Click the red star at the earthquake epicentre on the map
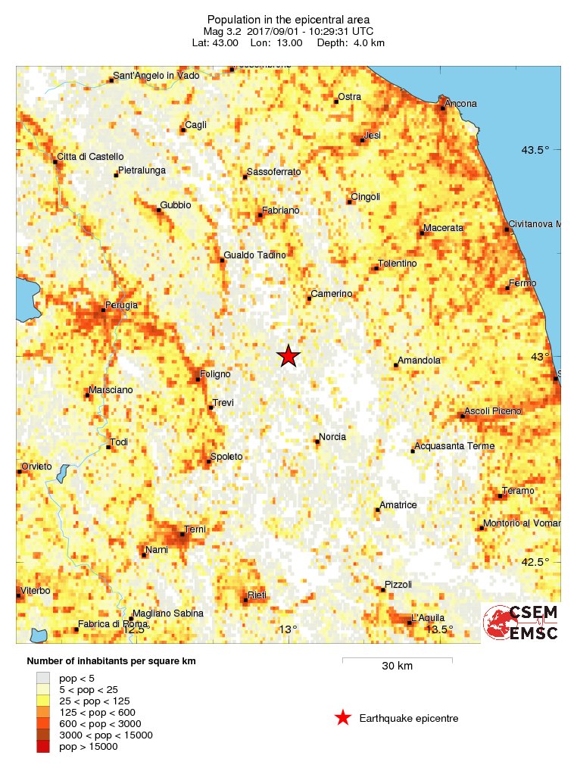(x=288, y=356)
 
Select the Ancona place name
(x=461, y=103)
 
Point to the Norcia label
(x=332, y=437)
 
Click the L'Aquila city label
(x=428, y=617)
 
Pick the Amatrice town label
(x=398, y=504)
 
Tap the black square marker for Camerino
(x=309, y=298)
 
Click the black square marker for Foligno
(x=198, y=379)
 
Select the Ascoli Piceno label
(x=492, y=411)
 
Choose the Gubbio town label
(x=176, y=205)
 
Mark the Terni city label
(x=195, y=529)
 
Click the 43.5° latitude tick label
(x=535, y=149)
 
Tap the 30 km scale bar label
(x=397, y=667)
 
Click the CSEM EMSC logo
(x=521, y=623)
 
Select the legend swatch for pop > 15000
(x=43, y=746)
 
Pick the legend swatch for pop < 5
(x=43, y=678)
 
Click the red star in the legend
(x=343, y=718)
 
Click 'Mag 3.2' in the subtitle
(x=221, y=32)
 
